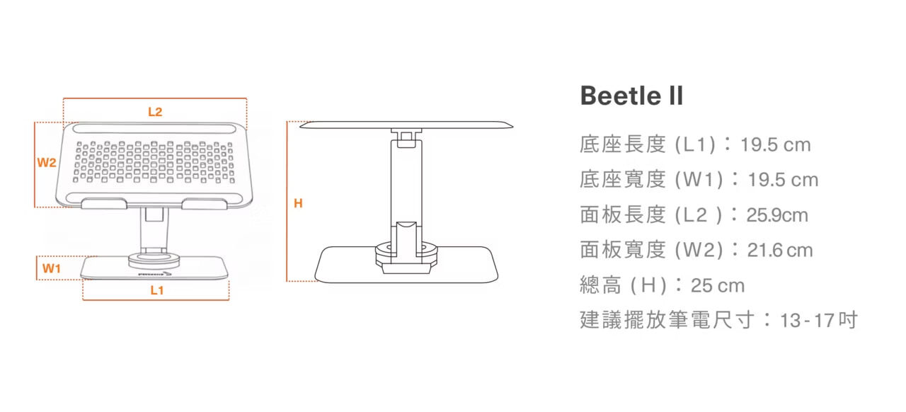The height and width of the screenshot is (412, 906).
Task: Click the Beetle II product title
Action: pyautogui.click(x=631, y=96)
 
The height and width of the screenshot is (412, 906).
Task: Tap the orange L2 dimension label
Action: pyautogui.click(x=155, y=112)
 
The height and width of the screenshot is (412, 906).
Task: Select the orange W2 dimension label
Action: pyautogui.click(x=47, y=162)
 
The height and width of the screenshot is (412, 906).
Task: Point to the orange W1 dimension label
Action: pyautogui.click(x=51, y=268)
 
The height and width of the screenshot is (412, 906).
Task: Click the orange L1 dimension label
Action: pyautogui.click(x=156, y=290)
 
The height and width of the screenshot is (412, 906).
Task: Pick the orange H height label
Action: pyautogui.click(x=298, y=204)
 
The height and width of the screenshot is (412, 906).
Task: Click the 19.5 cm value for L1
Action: pyautogui.click(x=775, y=145)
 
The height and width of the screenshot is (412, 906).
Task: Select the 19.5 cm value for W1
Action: pyautogui.click(x=783, y=180)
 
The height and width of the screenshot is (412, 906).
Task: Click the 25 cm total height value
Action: pyautogui.click(x=718, y=285)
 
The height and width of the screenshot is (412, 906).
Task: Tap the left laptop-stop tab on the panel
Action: pyautogui.click(x=104, y=205)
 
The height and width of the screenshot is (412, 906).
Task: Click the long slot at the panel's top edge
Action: pyautogui.click(x=155, y=130)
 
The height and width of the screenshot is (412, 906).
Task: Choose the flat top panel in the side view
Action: pyautogui.click(x=407, y=125)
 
